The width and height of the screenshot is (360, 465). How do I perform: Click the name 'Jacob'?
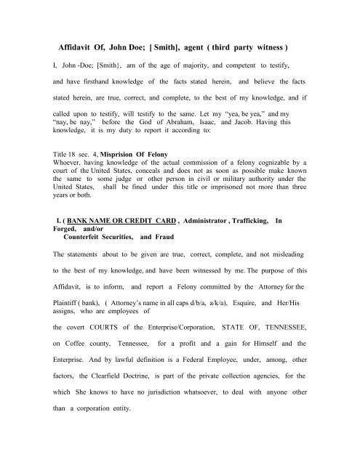click(251, 124)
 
